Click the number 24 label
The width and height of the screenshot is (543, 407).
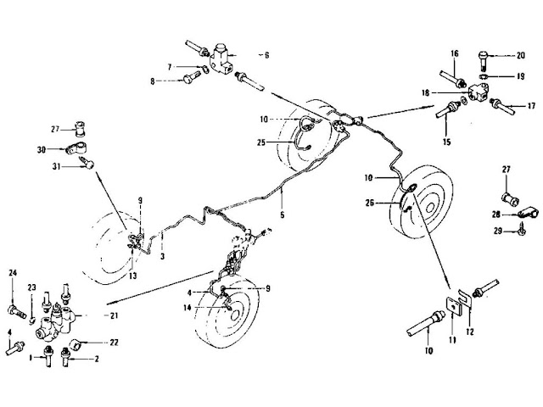tap(14, 272)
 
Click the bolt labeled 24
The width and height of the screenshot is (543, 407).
tap(14, 297)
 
